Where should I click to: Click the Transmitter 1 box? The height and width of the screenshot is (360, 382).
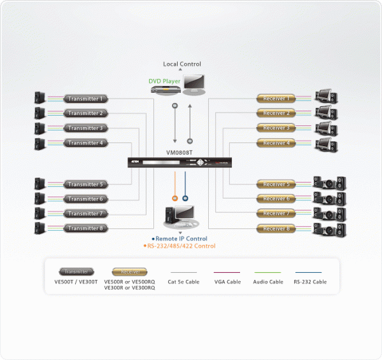[x=85, y=99]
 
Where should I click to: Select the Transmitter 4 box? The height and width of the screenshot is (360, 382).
[x=85, y=143]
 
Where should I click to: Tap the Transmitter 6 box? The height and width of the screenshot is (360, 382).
[x=85, y=199]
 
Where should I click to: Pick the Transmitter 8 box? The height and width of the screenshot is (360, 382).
[x=85, y=228]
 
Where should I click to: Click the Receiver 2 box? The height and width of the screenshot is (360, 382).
[x=276, y=113]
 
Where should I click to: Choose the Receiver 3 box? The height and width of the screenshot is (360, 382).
[x=276, y=128]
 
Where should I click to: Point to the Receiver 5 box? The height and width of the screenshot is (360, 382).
[x=276, y=184]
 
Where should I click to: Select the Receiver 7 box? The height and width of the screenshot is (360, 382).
[x=276, y=214]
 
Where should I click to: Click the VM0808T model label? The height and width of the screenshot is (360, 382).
[x=179, y=153]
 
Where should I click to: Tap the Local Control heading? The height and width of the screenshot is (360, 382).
[x=182, y=64]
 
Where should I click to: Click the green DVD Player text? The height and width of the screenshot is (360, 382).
[x=165, y=81]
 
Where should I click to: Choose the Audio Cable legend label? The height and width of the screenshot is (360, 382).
[x=268, y=282]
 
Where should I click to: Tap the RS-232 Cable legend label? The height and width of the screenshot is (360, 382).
[x=310, y=282]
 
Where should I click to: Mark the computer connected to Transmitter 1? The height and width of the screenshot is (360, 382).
[x=40, y=98]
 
